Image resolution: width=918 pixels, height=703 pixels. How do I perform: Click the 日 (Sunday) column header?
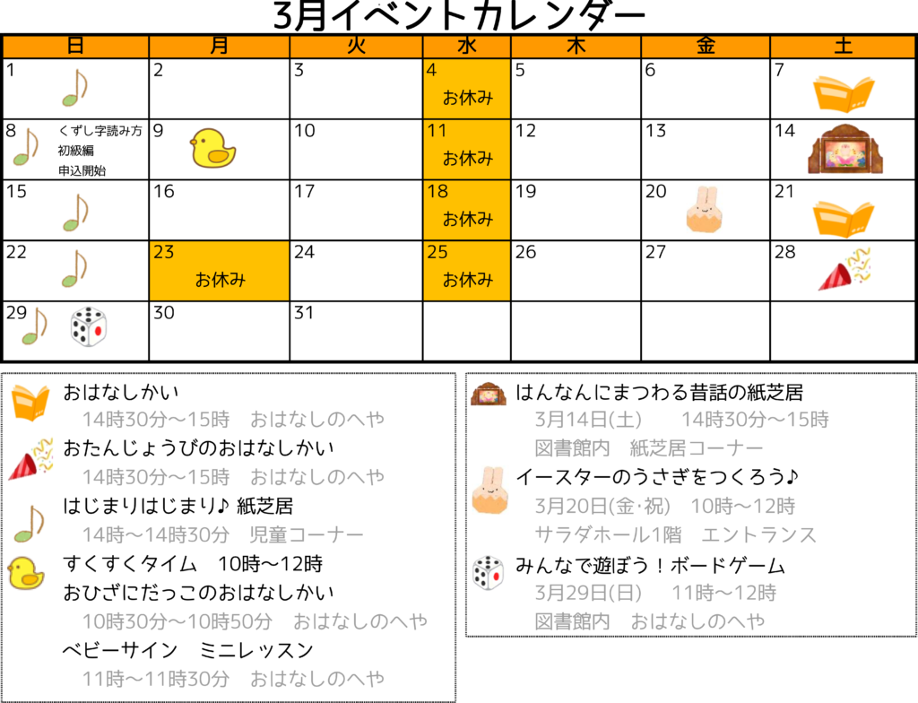pyautogui.click(x=75, y=47)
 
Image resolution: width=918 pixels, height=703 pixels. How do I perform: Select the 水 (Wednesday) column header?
pyautogui.click(x=466, y=47)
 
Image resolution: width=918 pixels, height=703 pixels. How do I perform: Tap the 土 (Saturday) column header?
pyautogui.click(x=843, y=47)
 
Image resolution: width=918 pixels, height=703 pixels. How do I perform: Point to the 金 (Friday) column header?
pyautogui.click(x=705, y=47)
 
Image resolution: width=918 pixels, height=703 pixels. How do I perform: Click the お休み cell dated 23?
pyautogui.click(x=219, y=270)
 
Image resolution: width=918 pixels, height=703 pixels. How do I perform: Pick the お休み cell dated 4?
pyautogui.click(x=466, y=89)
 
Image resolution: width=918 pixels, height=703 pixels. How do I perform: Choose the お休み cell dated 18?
pyautogui.click(x=466, y=210)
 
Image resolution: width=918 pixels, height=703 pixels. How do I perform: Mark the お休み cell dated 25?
pyautogui.click(x=466, y=270)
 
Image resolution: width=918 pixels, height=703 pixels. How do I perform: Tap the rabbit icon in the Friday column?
pyautogui.click(x=705, y=209)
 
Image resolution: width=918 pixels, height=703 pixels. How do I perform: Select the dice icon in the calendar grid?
pyautogui.click(x=88, y=326)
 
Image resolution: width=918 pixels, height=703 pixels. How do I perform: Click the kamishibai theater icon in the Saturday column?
pyautogui.click(x=844, y=150)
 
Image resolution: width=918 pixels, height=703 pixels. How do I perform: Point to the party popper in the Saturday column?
pyautogui.click(x=844, y=269)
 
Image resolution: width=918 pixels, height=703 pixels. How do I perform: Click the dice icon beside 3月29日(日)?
pyautogui.click(x=489, y=573)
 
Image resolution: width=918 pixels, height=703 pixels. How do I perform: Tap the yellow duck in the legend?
pyautogui.click(x=26, y=573)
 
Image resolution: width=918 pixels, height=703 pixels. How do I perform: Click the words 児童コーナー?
pyautogui.click(x=307, y=535)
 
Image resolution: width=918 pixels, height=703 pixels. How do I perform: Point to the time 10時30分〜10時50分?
pyautogui.click(x=177, y=621)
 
